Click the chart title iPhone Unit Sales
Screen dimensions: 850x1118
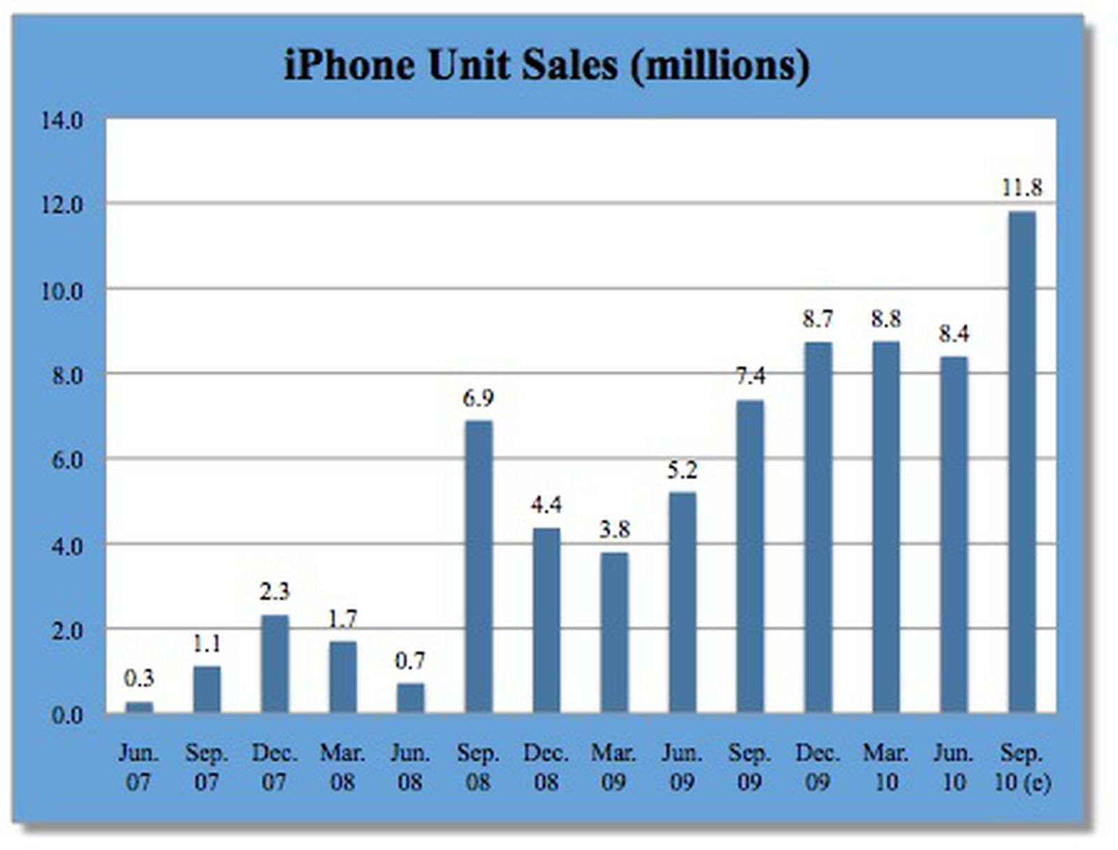(546, 66)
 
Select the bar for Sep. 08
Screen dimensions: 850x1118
(479, 566)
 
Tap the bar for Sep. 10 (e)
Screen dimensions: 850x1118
(1022, 461)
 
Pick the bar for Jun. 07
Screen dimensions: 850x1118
(138, 707)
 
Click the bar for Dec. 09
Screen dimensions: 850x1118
(818, 527)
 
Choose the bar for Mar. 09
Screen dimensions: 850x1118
(614, 632)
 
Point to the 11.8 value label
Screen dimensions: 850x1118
(1022, 188)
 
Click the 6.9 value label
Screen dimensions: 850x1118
(478, 398)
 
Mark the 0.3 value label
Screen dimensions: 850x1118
(138, 678)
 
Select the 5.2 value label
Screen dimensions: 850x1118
(682, 470)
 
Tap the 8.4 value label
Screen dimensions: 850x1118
(954, 334)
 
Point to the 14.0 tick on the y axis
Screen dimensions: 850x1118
(61, 121)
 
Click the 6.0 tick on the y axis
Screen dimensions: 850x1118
(66, 460)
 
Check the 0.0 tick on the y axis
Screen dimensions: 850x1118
(66, 715)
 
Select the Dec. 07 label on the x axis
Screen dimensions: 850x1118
(275, 768)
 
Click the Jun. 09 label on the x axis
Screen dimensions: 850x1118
(682, 768)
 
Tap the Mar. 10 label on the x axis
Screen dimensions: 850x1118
(886, 768)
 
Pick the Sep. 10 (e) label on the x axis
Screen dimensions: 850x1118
(1022, 768)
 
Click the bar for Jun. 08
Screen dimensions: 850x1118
(410, 698)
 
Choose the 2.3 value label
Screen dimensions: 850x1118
(275, 592)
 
